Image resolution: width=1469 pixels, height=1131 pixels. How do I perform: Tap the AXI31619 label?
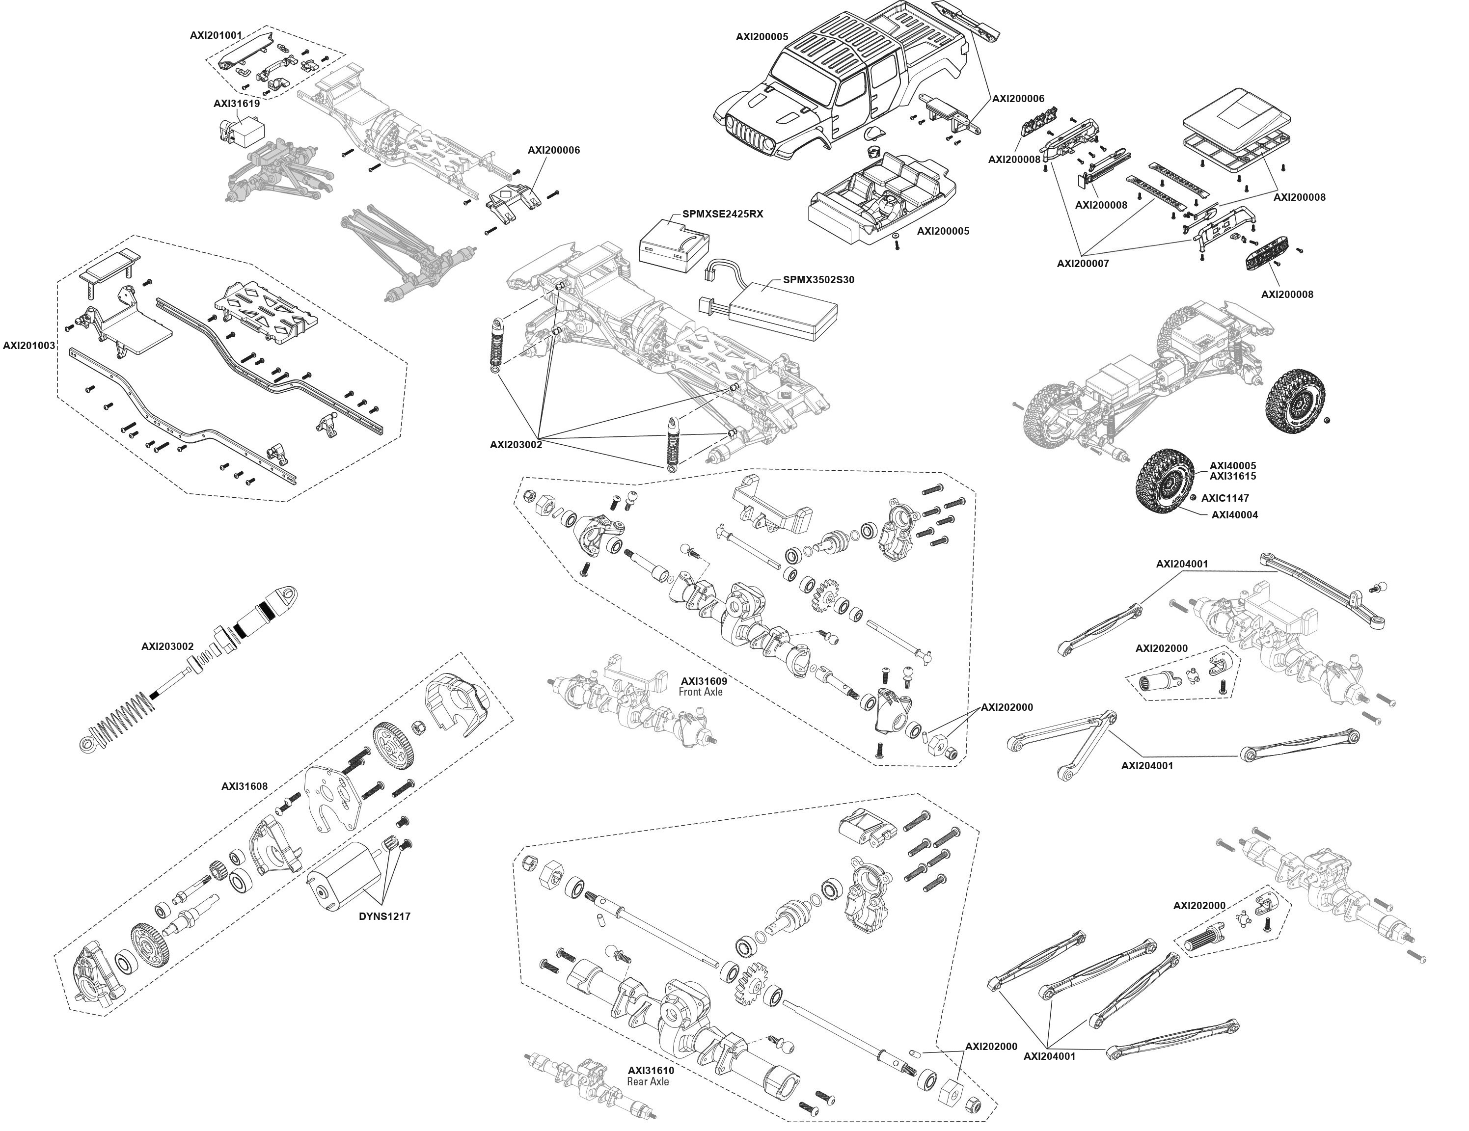tap(237, 104)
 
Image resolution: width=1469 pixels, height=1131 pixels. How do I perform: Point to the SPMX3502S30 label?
tap(818, 280)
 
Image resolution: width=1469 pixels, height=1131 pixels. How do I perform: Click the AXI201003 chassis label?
tap(29, 346)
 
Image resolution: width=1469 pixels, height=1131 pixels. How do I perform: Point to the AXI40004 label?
tap(1234, 515)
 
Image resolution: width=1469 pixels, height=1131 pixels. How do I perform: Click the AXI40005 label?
tap(1232, 465)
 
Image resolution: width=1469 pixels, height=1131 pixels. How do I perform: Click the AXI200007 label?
tap(1083, 264)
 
